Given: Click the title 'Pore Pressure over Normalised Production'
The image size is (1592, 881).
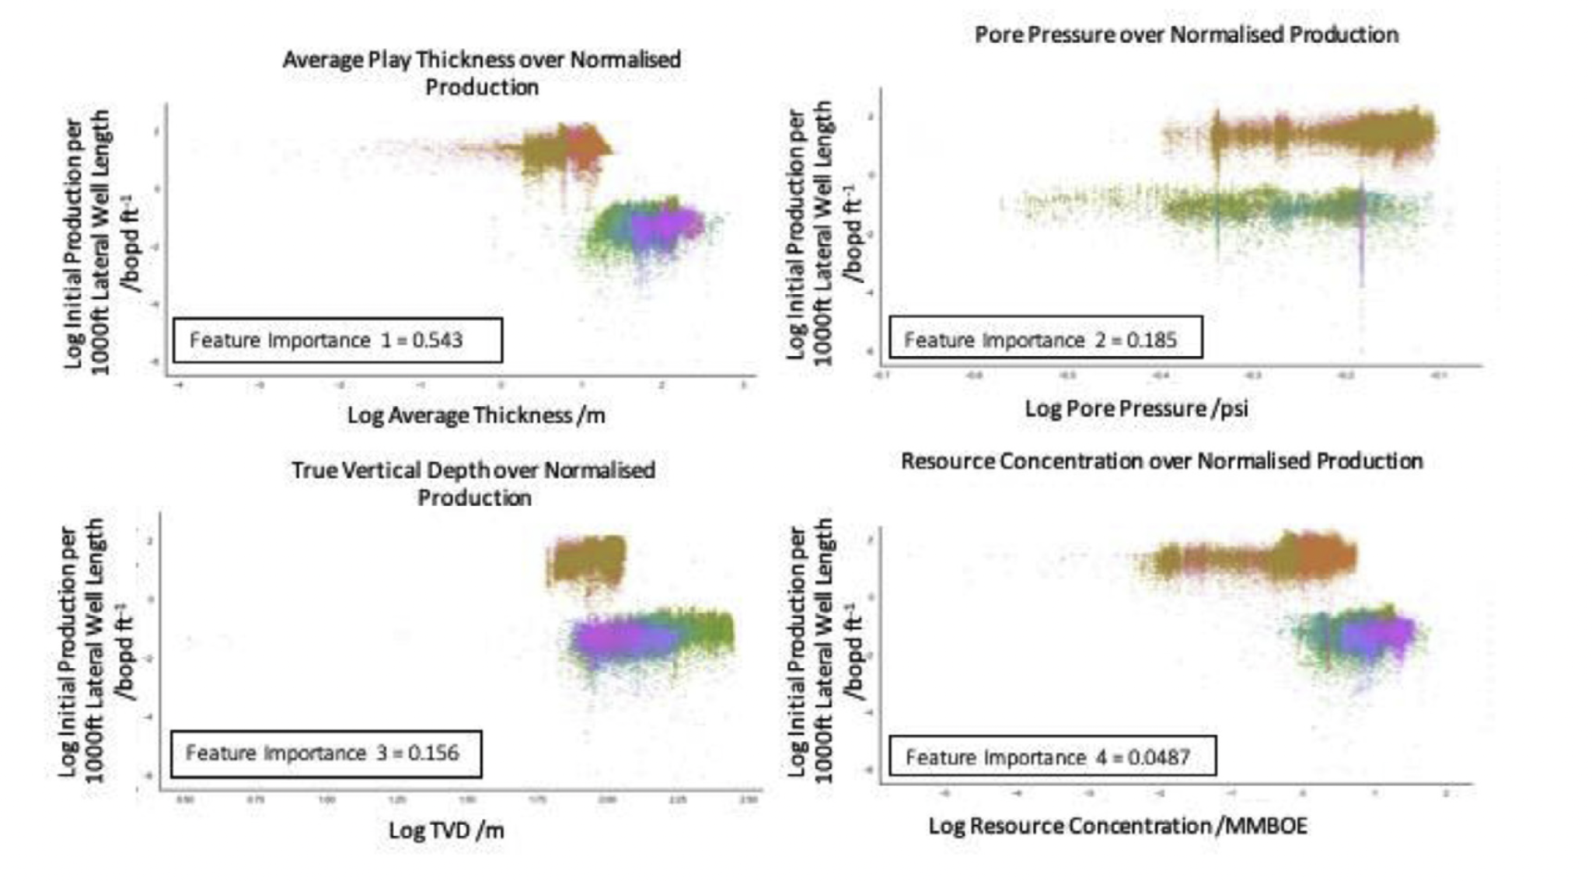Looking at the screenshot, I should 1186,35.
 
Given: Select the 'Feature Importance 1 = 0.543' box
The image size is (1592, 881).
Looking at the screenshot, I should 337,341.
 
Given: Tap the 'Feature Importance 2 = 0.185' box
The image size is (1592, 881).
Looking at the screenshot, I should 1046,339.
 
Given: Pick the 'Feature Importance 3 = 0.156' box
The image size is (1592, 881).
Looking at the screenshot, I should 326,753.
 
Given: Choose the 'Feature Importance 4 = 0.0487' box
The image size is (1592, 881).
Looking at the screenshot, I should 1052,757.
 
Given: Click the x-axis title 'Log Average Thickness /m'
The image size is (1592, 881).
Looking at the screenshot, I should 476,415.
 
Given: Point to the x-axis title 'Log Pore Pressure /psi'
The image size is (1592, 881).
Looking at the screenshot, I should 1136,408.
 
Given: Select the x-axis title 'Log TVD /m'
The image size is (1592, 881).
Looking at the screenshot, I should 446,830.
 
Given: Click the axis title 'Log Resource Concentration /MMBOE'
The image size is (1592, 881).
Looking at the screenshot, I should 1117,826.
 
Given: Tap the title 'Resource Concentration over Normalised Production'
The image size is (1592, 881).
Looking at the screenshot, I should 1161,461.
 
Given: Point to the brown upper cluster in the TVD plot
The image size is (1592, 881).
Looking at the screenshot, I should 587,559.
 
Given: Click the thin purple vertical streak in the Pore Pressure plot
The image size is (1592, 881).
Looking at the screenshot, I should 1361,249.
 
